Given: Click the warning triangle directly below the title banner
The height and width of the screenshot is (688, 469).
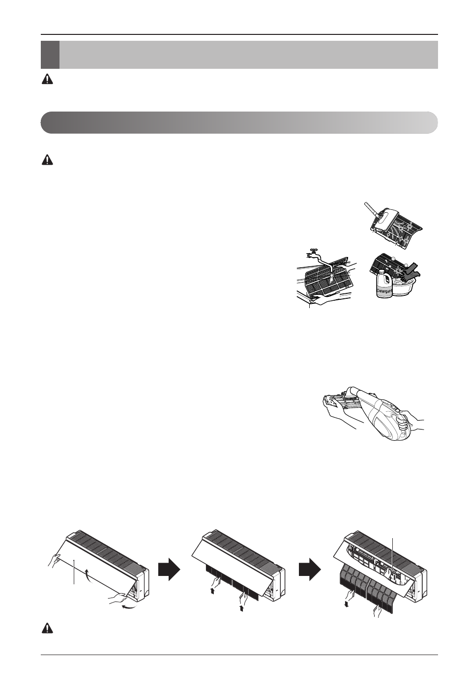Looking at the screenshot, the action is [47, 79].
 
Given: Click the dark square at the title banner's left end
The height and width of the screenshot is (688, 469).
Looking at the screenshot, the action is [50, 55].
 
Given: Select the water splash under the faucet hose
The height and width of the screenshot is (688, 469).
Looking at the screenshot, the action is [332, 279].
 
